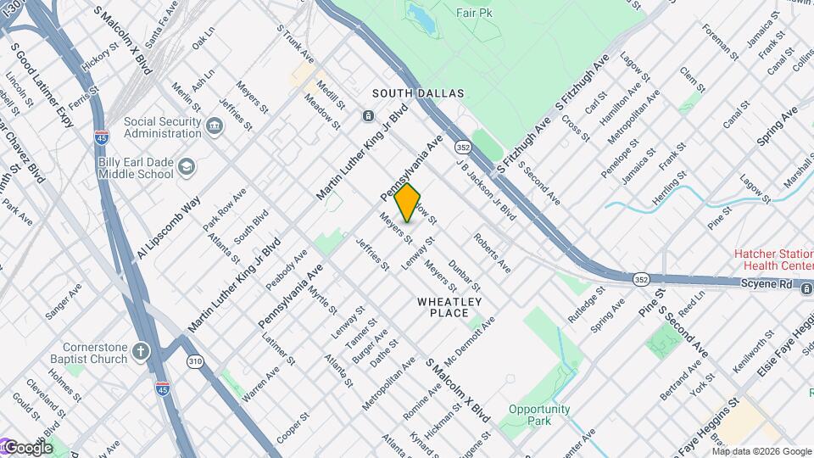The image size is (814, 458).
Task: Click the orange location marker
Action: pyautogui.click(x=408, y=202)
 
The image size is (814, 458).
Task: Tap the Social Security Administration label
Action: pyautogui.click(x=162, y=127)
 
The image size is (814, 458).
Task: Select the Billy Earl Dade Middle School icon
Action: pyautogui.click(x=187, y=168)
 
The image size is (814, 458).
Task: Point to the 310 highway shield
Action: pyautogui.click(x=196, y=362)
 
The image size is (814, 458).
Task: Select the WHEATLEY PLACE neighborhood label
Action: pyautogui.click(x=449, y=307)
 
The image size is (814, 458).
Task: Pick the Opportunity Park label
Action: pyautogui.click(x=540, y=415)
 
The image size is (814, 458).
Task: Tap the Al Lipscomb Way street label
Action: pyautogui.click(x=168, y=226)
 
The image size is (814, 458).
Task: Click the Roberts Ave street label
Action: pyautogui.click(x=492, y=253)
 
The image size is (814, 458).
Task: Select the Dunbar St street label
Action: pyautogui.click(x=465, y=277)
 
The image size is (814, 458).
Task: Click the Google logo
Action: pyautogui.click(x=27, y=448)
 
